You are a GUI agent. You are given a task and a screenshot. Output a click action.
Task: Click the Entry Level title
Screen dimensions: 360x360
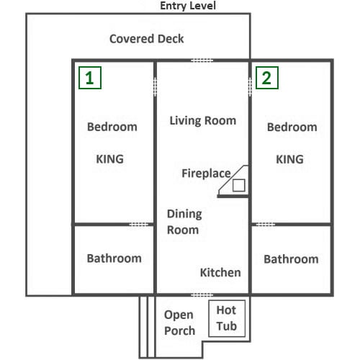click(188, 6)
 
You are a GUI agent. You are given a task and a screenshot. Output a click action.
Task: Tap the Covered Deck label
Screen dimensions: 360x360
click(147, 39)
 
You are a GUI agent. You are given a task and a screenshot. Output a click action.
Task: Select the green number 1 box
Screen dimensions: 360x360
click(90, 78)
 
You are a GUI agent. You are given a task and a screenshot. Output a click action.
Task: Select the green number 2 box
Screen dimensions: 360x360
click(267, 78)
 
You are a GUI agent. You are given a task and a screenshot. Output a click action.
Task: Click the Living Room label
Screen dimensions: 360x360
click(203, 121)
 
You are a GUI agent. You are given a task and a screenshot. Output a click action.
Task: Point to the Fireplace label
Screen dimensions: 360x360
click(206, 174)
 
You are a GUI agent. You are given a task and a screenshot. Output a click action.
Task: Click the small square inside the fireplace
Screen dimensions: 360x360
click(239, 185)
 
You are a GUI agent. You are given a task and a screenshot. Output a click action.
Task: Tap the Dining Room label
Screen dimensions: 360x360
click(184, 222)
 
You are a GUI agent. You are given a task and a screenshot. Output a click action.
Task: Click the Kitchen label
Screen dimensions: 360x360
click(220, 273)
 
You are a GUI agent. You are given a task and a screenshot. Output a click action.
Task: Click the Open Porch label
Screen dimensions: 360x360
click(179, 323)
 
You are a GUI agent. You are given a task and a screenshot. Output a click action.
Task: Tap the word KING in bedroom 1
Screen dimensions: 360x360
click(110, 159)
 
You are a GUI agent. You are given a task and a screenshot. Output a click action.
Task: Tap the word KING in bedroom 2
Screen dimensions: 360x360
click(289, 159)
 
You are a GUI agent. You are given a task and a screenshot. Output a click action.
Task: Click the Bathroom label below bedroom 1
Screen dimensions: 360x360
click(114, 258)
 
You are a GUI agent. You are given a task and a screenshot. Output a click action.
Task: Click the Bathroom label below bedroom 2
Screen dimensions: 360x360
click(291, 259)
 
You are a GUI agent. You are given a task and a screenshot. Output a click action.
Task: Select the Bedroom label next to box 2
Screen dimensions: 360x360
click(292, 127)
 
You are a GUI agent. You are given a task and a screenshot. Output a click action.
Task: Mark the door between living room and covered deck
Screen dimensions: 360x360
click(202, 60)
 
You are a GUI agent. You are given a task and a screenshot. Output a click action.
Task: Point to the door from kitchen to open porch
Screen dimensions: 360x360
click(202, 295)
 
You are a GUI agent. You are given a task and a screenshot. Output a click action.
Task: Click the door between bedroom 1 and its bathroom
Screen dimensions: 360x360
click(139, 225)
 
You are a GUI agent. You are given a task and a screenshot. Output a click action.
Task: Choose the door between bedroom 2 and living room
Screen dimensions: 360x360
click(250, 87)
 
